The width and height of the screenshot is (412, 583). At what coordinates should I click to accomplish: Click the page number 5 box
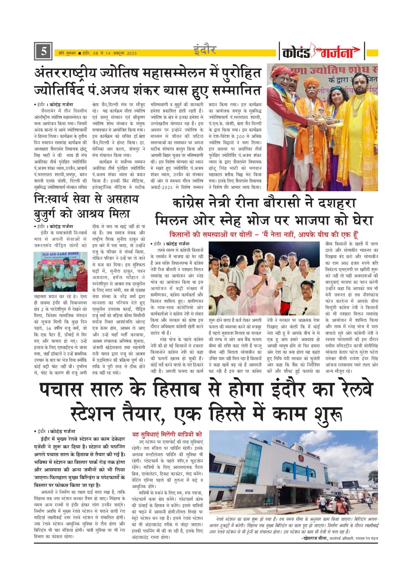[x=43, y=51]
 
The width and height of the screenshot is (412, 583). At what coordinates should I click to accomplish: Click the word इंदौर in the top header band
[x=205, y=50]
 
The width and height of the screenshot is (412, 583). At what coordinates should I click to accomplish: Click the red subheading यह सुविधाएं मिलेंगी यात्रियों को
[x=167, y=434]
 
